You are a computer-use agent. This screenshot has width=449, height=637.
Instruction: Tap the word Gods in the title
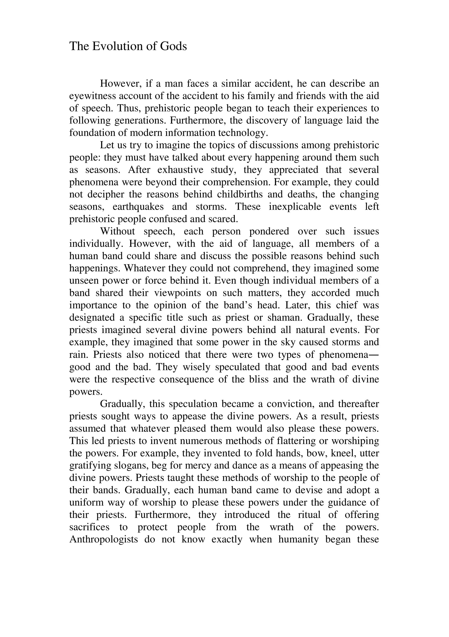tap(173, 46)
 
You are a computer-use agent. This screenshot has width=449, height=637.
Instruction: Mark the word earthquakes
tap(138, 207)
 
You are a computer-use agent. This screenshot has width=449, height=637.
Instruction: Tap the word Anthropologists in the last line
tap(103, 539)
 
